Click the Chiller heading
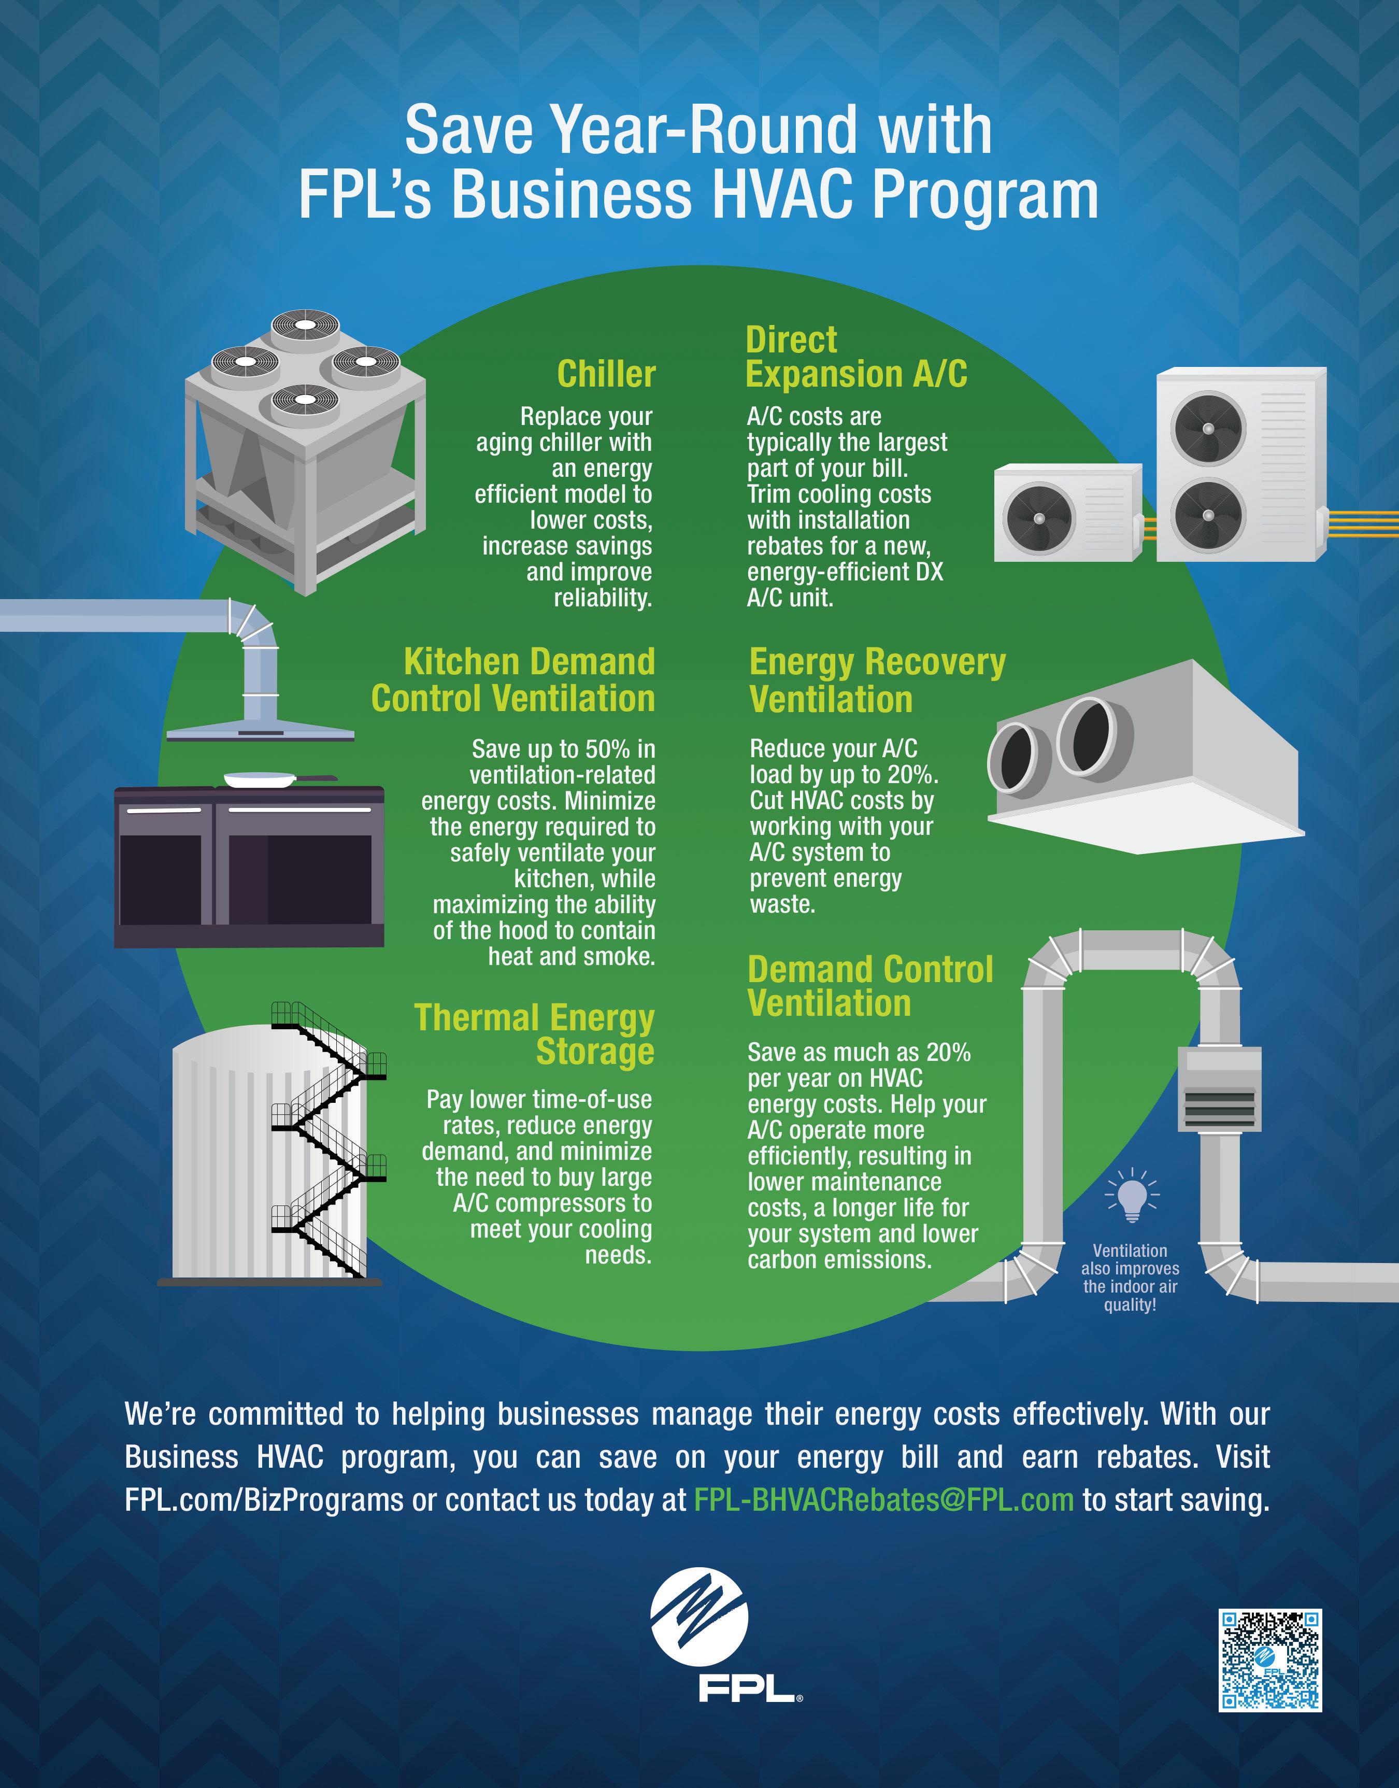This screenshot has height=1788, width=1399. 606,374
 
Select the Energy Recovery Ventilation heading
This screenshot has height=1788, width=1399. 876,680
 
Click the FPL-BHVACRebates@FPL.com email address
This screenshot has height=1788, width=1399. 883,1500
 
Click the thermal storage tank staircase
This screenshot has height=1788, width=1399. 327,1139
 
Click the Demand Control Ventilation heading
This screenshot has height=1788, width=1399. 870,986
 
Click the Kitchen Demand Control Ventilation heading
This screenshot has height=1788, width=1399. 513,680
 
